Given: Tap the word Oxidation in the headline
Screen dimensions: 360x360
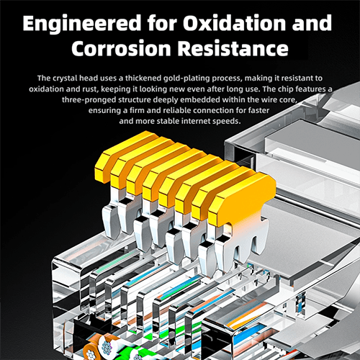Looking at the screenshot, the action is (x=234, y=23).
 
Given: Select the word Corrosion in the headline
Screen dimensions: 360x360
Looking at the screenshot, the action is (x=121, y=48).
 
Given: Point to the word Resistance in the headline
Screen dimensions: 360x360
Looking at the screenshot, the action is (x=233, y=48).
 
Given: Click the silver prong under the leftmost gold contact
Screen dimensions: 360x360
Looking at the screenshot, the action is (x=109, y=217).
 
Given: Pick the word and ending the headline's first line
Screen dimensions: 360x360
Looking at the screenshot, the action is (x=312, y=23).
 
